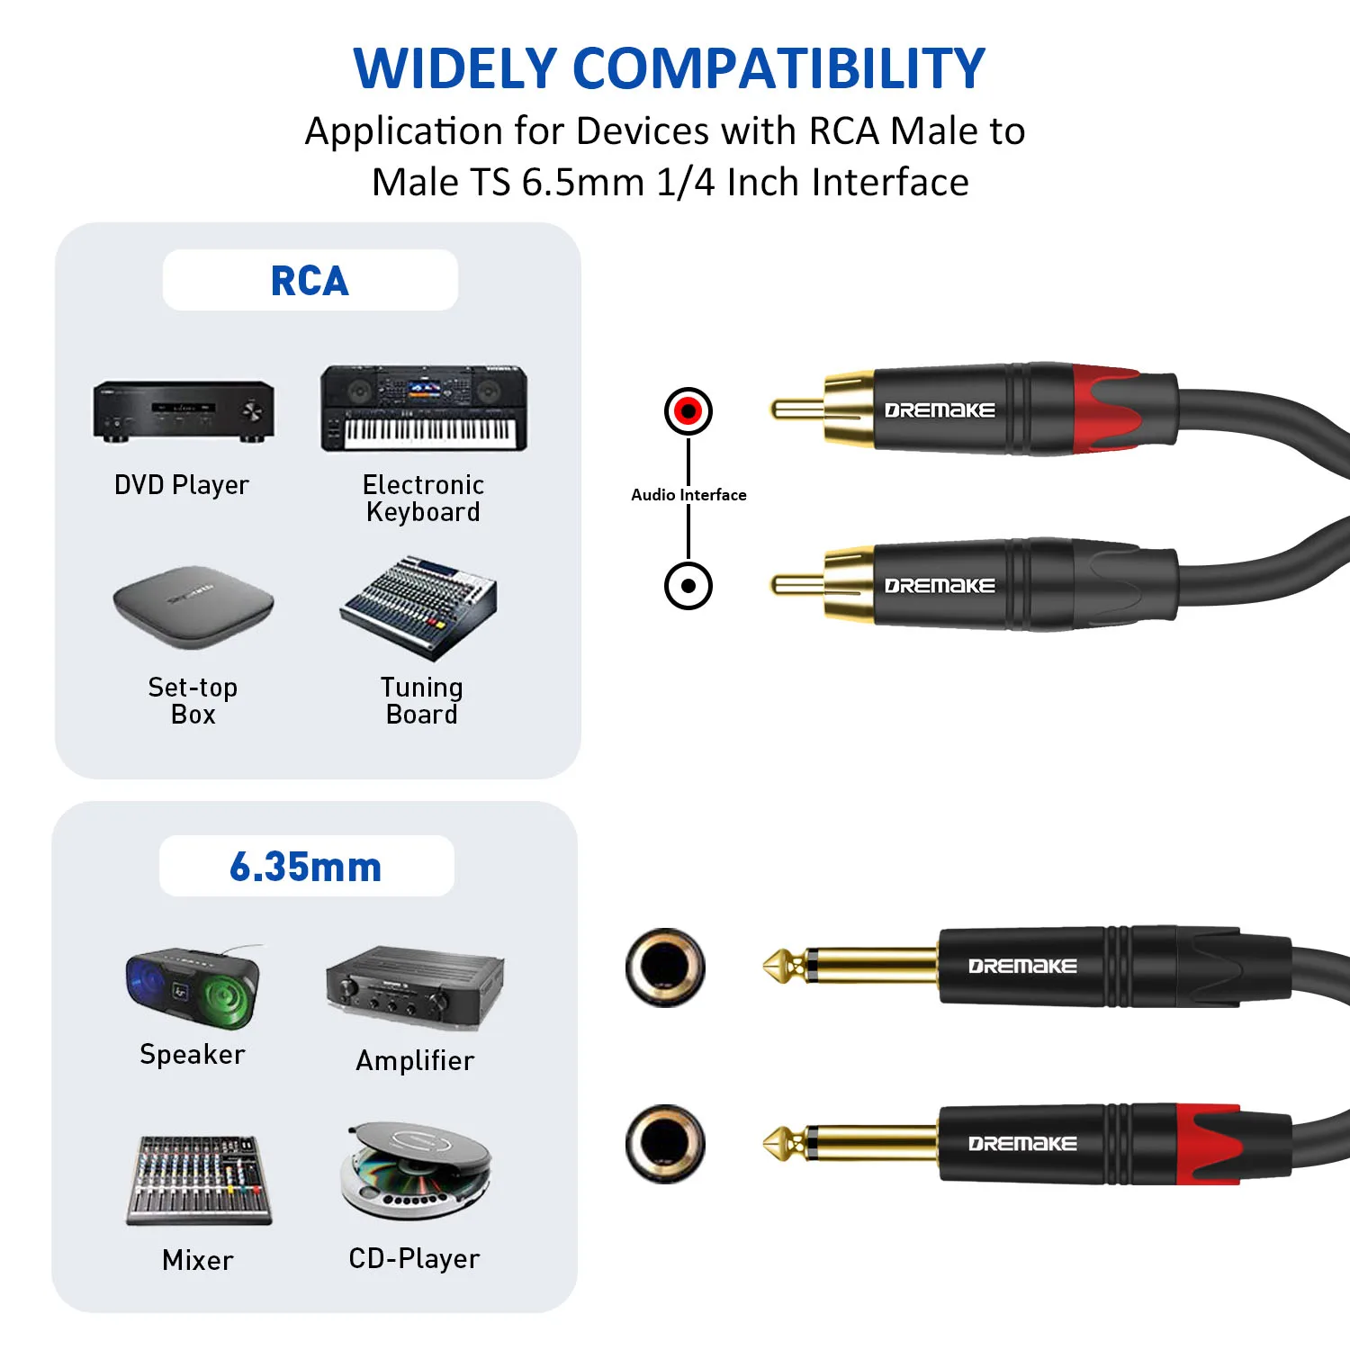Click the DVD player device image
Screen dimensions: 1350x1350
click(184, 411)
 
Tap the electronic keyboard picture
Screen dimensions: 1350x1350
click(424, 409)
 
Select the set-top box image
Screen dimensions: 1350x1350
click(193, 607)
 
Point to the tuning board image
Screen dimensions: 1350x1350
click(419, 607)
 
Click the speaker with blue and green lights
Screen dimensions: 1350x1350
click(193, 986)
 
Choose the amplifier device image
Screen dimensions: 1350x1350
click(415, 987)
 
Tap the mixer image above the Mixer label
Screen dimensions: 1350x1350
click(198, 1180)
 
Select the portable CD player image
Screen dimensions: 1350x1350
click(416, 1170)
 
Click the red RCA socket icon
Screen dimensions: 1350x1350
click(688, 411)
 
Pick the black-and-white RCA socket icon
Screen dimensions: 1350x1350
click(688, 586)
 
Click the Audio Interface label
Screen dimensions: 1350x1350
click(688, 495)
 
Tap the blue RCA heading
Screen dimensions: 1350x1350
click(310, 281)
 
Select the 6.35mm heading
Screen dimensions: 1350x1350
click(306, 867)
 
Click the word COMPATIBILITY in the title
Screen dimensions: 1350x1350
click(778, 68)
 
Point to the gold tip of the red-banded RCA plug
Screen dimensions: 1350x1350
click(797, 410)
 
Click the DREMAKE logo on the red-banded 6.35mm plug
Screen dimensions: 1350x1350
click(1022, 1144)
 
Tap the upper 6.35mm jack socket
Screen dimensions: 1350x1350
click(665, 967)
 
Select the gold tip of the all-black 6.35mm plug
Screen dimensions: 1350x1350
click(779, 967)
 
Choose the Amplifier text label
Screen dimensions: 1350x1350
click(415, 1061)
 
